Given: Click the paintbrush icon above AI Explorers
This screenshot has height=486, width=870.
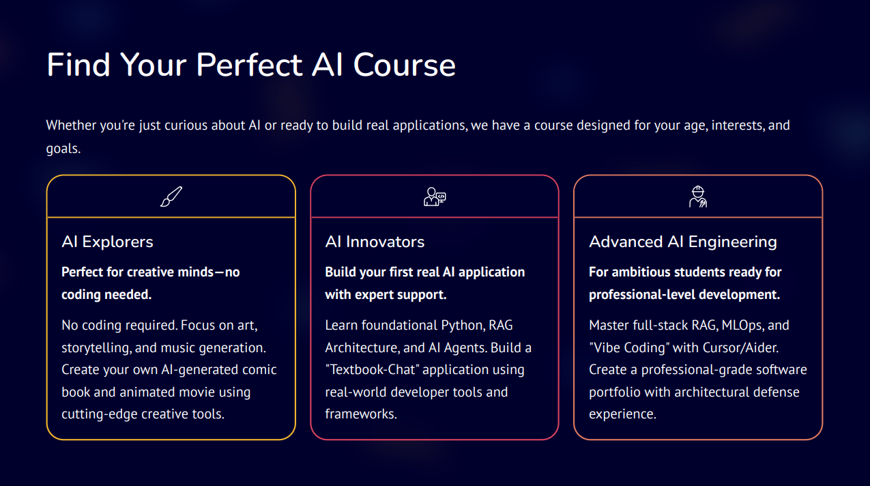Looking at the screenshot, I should click(x=171, y=197).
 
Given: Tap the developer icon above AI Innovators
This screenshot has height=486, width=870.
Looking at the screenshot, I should click(x=435, y=197).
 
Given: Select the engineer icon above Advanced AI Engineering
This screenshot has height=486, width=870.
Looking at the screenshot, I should click(x=698, y=197).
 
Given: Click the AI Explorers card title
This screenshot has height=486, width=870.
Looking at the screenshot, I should click(x=107, y=242).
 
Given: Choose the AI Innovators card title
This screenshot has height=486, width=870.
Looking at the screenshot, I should click(x=375, y=242).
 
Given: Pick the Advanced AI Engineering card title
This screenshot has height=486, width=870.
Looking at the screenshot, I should click(x=682, y=242).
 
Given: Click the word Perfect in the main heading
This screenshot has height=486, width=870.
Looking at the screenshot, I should click(x=249, y=65).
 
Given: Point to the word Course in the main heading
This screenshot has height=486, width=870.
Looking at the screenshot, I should click(x=404, y=65).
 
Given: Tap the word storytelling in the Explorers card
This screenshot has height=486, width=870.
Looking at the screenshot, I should click(x=96, y=347).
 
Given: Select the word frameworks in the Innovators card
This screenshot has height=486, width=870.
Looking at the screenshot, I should click(x=360, y=414).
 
